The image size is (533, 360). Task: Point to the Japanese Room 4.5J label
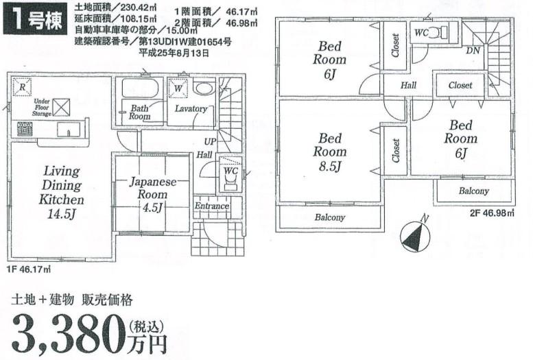[x=153, y=195]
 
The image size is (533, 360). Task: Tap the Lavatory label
[x=190, y=109]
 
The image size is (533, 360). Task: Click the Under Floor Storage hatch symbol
[x=62, y=107]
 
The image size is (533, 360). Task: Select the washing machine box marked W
[x=177, y=88]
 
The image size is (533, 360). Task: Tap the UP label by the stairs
[x=209, y=141]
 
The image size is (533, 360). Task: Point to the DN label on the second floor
[x=473, y=51]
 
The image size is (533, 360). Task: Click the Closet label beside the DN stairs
[x=460, y=86]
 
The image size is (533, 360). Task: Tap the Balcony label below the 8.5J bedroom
[x=330, y=217]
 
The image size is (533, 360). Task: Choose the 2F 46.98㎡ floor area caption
[x=492, y=213]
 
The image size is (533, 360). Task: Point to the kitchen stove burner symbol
[x=25, y=128]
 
